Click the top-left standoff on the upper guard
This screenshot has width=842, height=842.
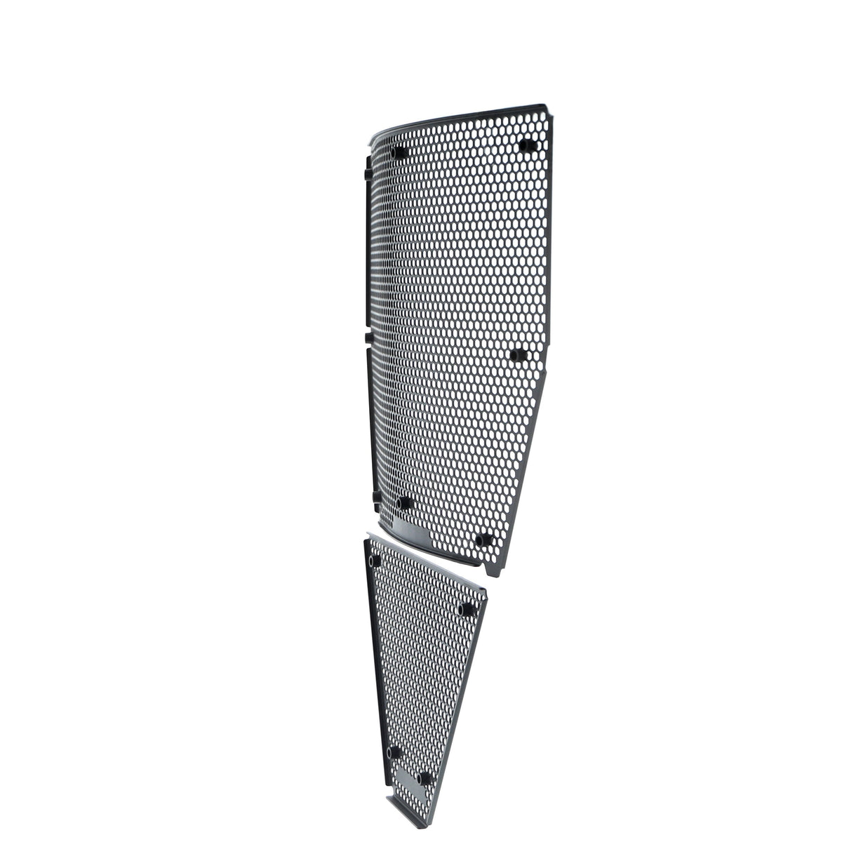[x=400, y=153]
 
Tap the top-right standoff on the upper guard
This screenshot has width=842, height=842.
[x=526, y=146]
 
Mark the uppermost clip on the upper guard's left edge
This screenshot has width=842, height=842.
[x=367, y=173]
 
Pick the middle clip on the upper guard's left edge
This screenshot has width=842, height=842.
[x=368, y=338]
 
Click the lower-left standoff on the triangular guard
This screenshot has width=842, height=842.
[x=395, y=752]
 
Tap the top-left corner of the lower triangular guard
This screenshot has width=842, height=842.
[x=366, y=540]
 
